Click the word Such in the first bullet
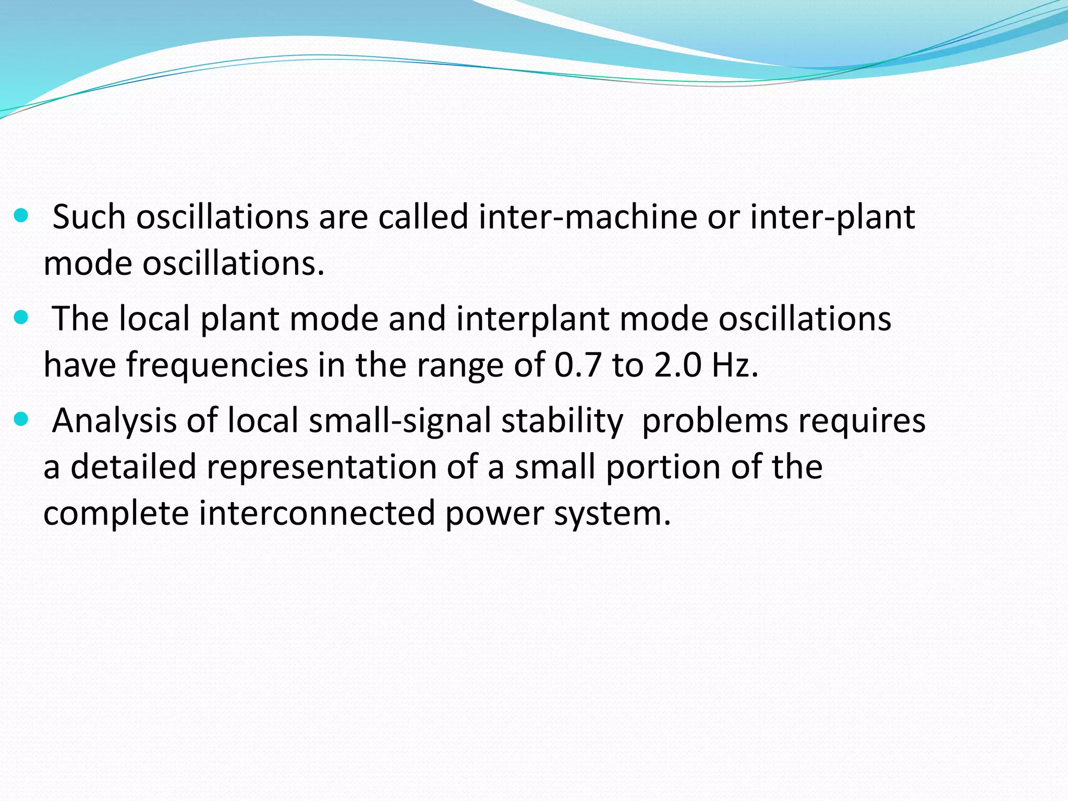[89, 217]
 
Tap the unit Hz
[735, 365]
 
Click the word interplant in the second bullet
[532, 319]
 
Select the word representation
[321, 467]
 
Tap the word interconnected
[317, 513]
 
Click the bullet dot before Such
[21, 215]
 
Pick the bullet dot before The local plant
[21, 317]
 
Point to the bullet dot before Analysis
[21, 418]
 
